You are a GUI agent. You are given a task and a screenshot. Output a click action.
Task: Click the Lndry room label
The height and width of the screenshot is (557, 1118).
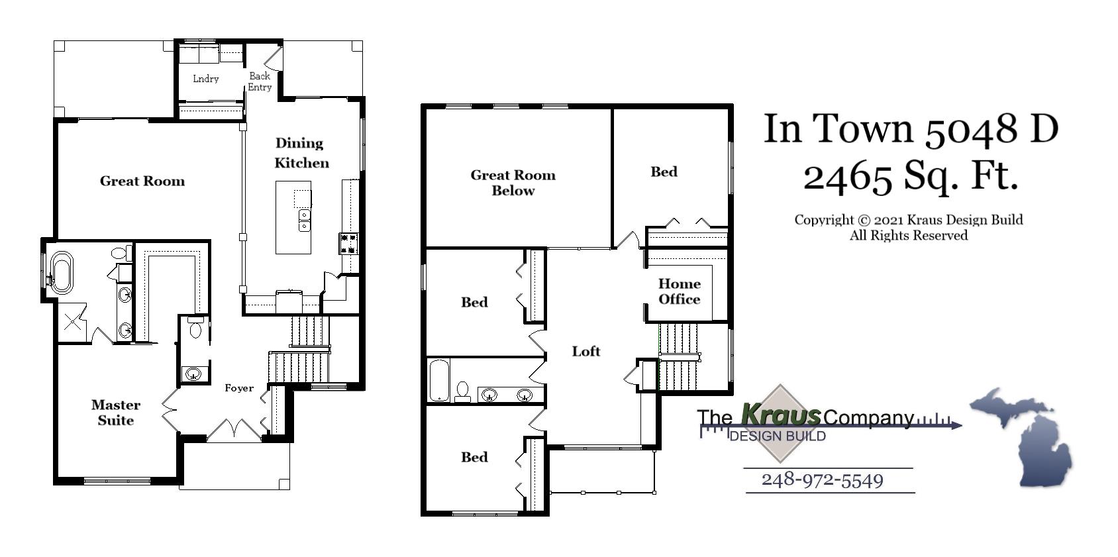205,79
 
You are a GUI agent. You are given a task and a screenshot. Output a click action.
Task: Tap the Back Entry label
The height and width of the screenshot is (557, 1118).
260,81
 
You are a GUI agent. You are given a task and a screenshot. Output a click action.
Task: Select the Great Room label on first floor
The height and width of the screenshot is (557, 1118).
142,181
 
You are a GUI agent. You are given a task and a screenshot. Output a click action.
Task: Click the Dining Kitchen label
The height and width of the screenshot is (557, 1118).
301,153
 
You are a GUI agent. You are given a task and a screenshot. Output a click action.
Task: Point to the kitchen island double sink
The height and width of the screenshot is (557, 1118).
304,221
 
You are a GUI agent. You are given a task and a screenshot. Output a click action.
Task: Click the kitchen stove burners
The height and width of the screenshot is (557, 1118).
349,244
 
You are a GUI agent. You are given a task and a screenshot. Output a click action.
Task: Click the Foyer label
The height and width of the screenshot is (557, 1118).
238,388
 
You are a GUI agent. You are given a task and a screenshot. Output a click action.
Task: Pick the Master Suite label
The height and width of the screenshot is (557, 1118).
116,412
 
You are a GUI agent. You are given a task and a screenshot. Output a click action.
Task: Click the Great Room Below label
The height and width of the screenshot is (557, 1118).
513,183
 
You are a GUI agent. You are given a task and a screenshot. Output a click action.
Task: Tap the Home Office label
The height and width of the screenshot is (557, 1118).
679,291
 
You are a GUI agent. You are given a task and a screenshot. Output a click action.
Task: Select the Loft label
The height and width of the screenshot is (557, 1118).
586,352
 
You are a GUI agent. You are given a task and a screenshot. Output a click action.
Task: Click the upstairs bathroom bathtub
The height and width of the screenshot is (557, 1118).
438,380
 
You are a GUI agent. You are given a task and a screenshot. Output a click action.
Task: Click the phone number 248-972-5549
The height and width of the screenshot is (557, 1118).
822,480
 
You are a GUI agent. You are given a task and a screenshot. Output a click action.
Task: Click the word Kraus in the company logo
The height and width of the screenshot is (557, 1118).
780,415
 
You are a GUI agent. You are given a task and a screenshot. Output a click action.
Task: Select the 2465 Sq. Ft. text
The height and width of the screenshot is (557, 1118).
910,176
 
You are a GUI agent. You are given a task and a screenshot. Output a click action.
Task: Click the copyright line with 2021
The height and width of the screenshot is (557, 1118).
908,220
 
